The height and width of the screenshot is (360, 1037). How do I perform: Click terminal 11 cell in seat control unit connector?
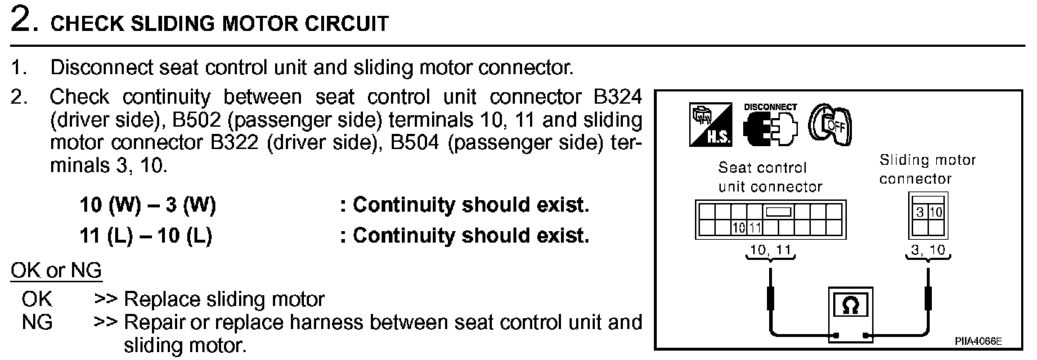(x=755, y=228)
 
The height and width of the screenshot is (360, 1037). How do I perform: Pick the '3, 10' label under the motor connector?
(x=928, y=250)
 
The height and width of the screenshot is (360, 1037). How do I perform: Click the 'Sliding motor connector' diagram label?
(x=928, y=169)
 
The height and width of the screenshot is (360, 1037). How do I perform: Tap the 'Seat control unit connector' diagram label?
(x=771, y=177)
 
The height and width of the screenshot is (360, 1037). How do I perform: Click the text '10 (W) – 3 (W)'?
(x=148, y=206)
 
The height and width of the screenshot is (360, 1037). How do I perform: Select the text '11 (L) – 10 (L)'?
(x=145, y=236)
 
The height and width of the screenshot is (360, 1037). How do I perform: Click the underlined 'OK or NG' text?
(x=56, y=271)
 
